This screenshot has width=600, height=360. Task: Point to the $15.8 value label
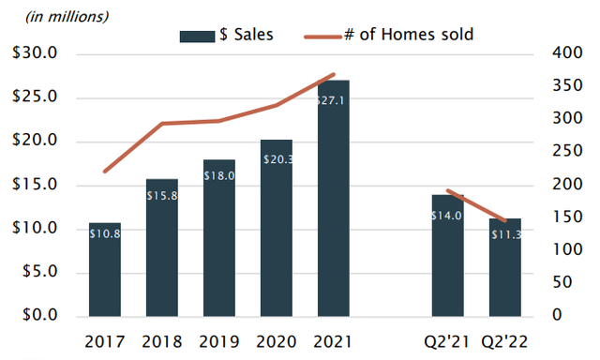[x=163, y=195]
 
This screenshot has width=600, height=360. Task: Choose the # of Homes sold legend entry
[x=388, y=36]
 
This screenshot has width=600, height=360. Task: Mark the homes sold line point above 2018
[x=163, y=124]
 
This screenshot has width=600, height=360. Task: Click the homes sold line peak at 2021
[x=335, y=74]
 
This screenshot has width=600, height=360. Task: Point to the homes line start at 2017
[x=106, y=171]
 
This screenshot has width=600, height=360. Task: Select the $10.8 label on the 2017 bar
[x=106, y=233]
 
